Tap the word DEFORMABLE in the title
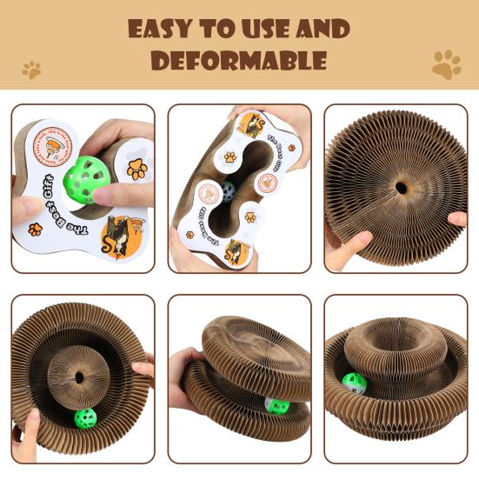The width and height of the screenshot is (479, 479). [239, 60]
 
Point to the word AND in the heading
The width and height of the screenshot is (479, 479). [319, 29]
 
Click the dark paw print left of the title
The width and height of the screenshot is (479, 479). [32, 69]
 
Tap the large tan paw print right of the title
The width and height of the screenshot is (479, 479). [446, 63]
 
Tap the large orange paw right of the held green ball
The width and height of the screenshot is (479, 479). [136, 169]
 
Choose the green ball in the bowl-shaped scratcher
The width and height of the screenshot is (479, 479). [353, 383]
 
